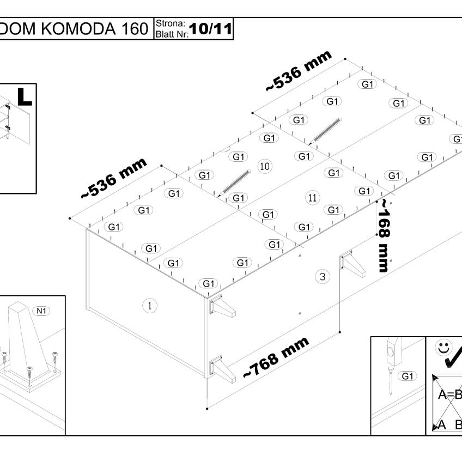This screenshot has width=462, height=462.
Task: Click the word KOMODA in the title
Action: coord(78,28)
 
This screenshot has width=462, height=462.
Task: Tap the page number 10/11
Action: coord(210,29)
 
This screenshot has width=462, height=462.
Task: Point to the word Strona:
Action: coord(171,23)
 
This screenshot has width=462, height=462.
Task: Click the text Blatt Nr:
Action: coord(172,34)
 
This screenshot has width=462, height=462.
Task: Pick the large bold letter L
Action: coord(25,96)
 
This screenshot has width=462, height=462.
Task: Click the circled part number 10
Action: coord(265,167)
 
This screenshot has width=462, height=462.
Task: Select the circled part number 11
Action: coord(312,198)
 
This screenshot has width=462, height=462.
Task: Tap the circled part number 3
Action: coord(323,277)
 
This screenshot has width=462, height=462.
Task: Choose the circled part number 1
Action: coord(150,306)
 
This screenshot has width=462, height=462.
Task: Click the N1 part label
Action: coord(41,311)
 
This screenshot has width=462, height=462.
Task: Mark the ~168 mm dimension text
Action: coord(384,235)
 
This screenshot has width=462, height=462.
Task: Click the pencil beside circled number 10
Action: coord(234,183)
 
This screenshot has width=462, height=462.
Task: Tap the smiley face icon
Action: coord(443,348)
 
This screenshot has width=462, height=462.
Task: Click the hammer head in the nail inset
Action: coord(394,351)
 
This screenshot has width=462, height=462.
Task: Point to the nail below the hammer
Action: coord(391,380)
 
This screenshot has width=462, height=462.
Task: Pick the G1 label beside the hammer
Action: coord(407,376)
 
